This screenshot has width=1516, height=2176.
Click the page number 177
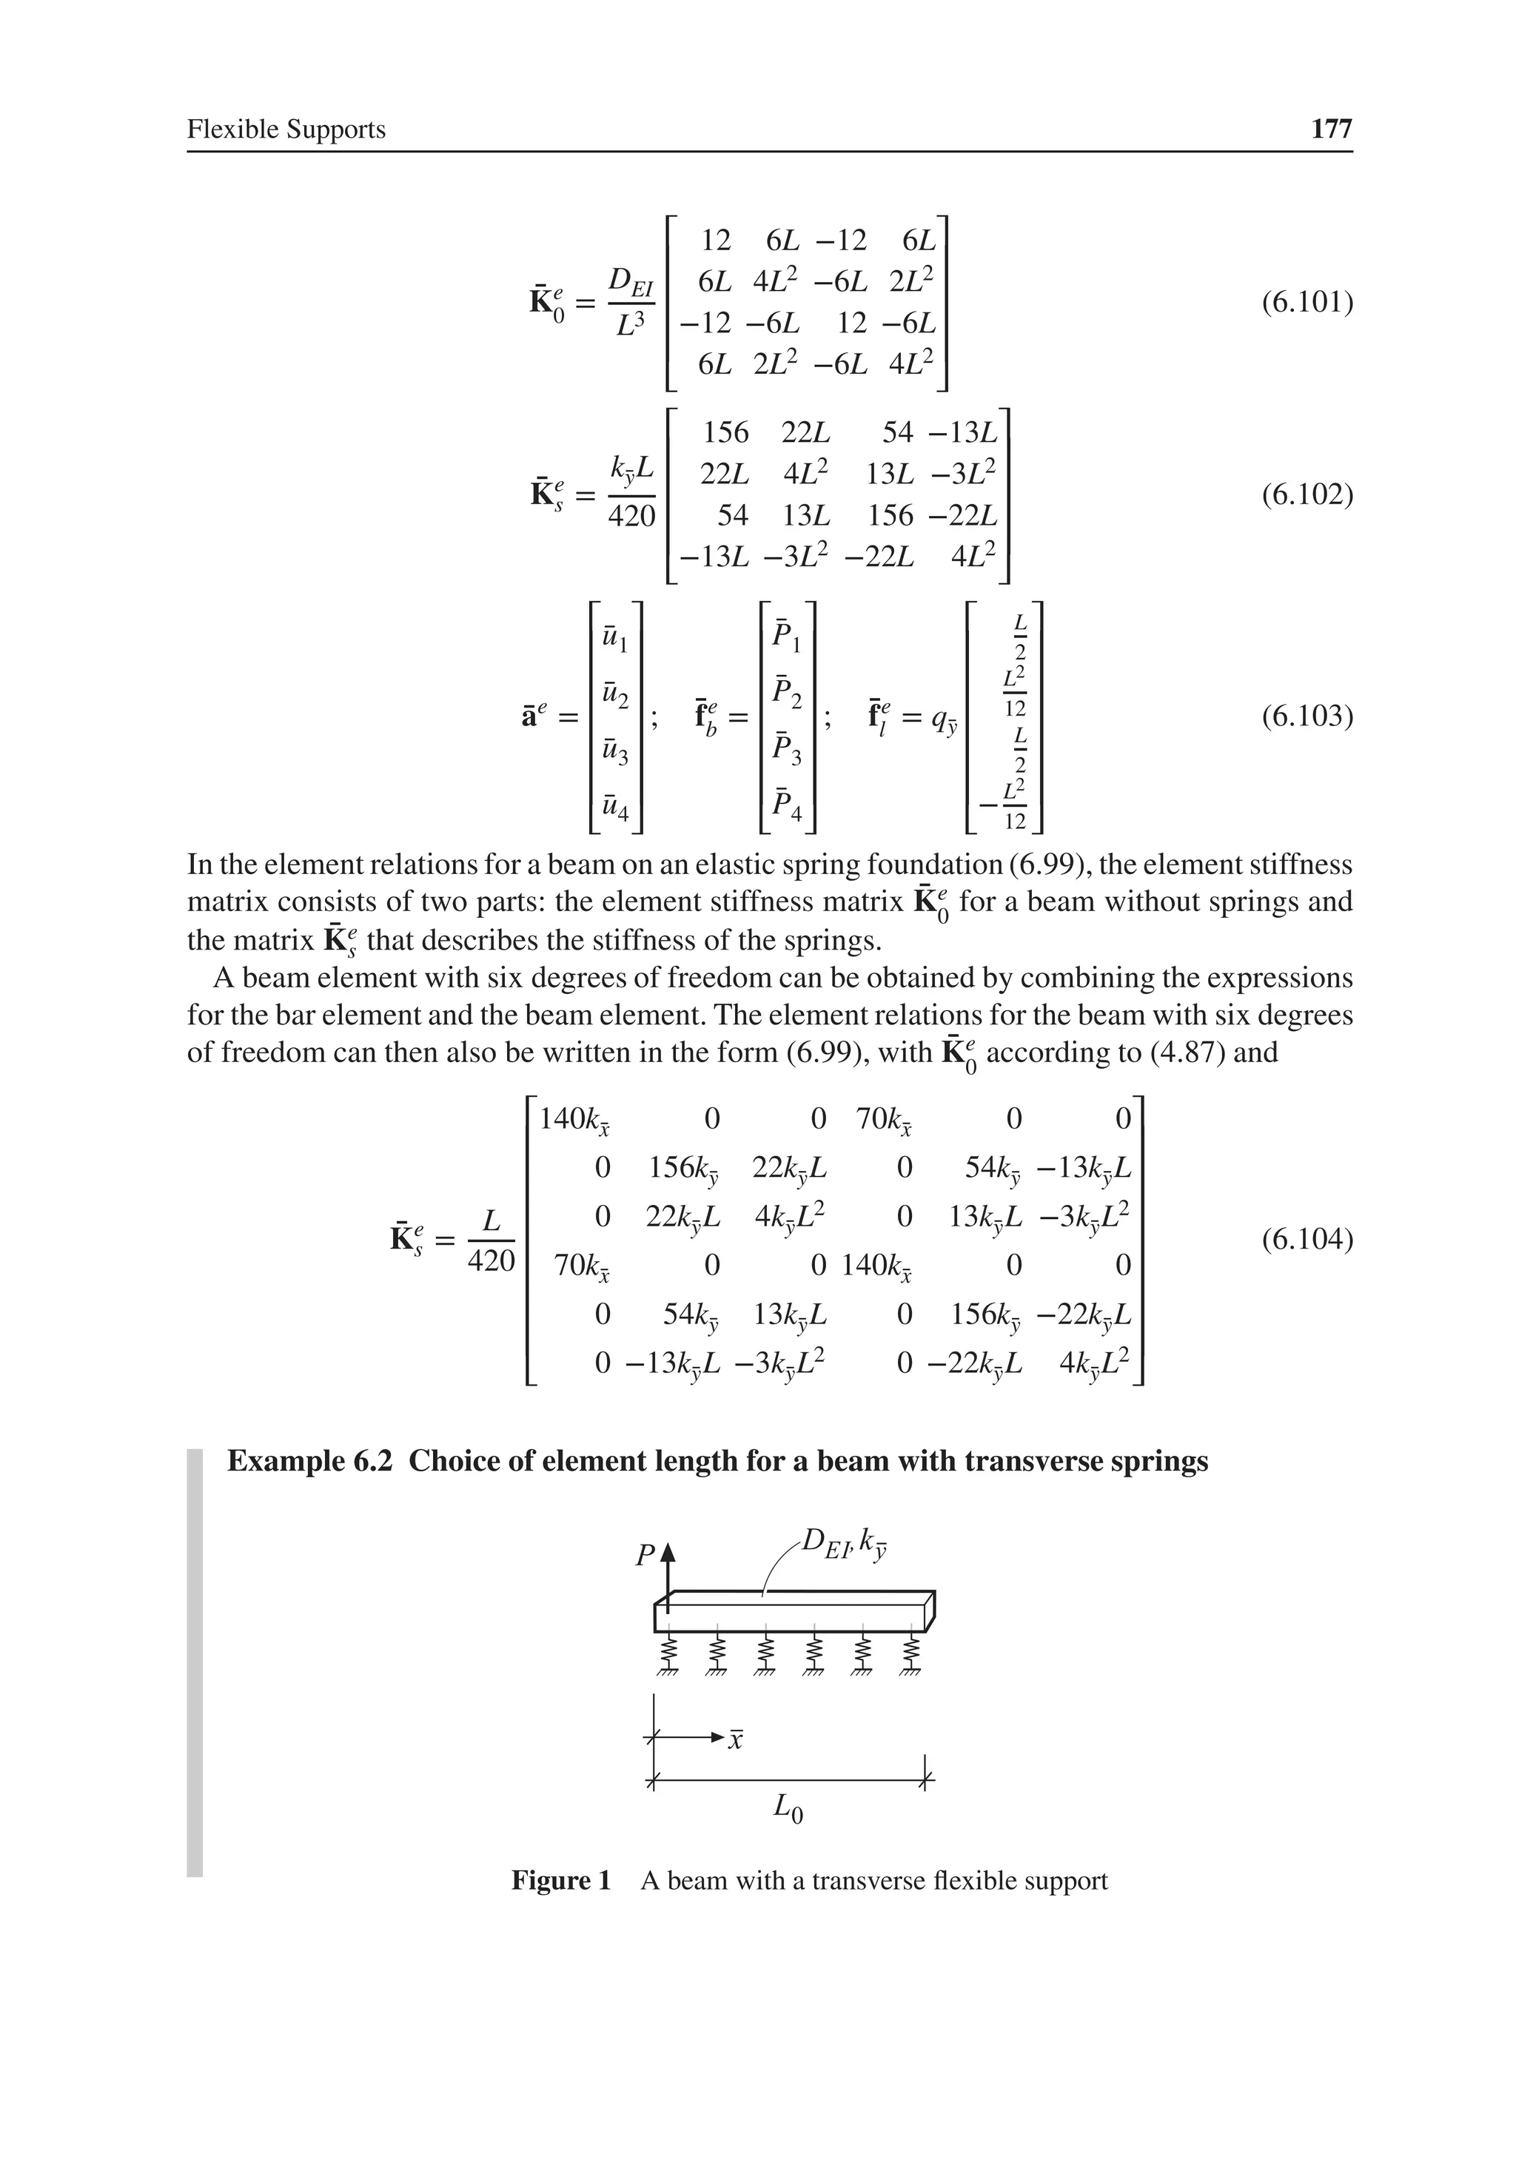1330,129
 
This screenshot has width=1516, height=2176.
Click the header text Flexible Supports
286,129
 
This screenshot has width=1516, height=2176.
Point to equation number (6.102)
1306,494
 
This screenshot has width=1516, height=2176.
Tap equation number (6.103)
1306,716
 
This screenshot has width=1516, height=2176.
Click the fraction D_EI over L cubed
629,302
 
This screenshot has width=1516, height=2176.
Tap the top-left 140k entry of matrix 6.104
574,1121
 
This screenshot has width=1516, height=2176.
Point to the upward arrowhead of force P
668,1551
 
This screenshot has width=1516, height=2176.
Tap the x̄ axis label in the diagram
735,1740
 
